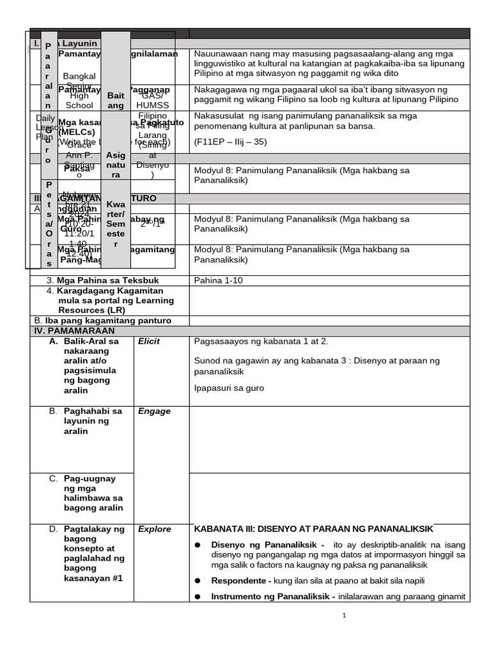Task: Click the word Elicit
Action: coord(149,342)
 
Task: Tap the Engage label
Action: coord(154,411)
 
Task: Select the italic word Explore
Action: coord(155,529)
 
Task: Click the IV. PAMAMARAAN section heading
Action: coord(74,331)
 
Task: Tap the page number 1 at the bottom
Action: coord(344,616)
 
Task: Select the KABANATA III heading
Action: coord(313,529)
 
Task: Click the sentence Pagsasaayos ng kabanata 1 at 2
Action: coord(261,341)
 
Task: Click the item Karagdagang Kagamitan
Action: coord(110,291)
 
